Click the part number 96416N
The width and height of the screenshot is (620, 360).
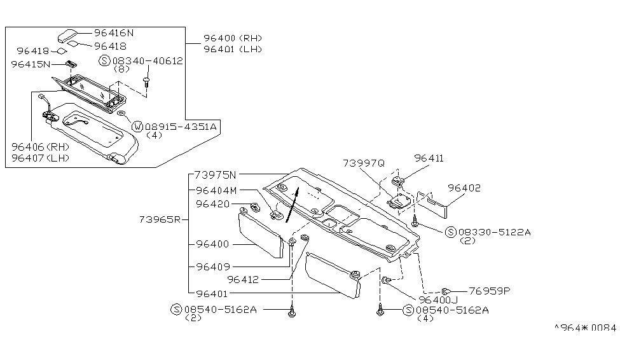coord(114,32)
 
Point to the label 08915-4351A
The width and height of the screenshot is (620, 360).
coord(181,126)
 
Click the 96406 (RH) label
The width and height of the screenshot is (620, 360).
coord(40,146)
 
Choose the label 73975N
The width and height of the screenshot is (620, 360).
coord(215,174)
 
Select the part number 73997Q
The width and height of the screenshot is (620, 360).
coord(364,162)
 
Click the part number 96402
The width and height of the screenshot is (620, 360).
coord(464,188)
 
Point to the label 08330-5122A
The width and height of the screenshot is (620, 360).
coord(493,233)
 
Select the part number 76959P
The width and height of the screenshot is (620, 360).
coord(490,291)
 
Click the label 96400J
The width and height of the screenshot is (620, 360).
coord(438,300)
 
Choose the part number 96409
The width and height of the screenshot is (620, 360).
coord(213,267)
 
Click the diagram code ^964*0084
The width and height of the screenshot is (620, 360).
coord(586,328)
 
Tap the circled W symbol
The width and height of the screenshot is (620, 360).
coord(137,126)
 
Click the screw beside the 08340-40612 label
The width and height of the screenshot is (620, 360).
coord(147,81)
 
